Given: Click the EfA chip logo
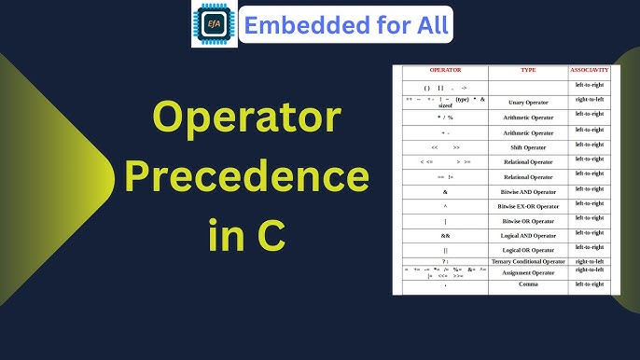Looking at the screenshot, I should tap(215, 24).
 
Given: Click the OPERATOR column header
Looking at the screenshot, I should tap(445, 70).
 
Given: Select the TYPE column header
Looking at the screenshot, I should tap(527, 70).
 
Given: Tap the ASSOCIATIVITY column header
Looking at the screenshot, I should tap(590, 70).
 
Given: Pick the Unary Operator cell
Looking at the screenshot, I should tap(527, 103).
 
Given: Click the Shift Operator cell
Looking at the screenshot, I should tap(527, 147).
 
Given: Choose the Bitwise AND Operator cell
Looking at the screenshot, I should tap(527, 191).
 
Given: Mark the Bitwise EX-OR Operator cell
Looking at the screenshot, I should tap(527, 205).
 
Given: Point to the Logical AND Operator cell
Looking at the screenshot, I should tap(527, 235).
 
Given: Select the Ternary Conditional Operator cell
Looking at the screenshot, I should tap(527, 261).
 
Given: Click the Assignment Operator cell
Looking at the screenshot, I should tap(527, 272).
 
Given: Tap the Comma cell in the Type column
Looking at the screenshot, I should tap(527, 284).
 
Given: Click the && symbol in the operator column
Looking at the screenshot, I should tap(445, 235).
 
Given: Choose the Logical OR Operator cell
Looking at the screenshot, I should tap(527, 250).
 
